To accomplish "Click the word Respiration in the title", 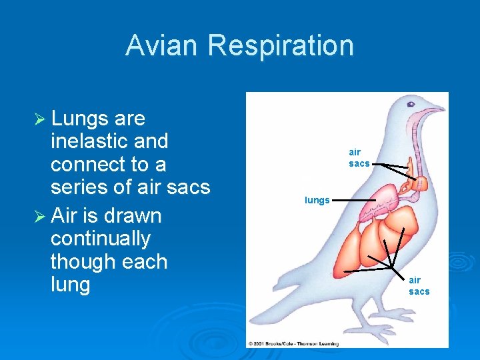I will pyautogui.click(x=281, y=45).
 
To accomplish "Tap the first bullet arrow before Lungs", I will pyautogui.click(x=39, y=119).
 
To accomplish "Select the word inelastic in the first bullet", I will pyautogui.click(x=109, y=141).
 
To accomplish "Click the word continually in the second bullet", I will pyautogui.click(x=101, y=239).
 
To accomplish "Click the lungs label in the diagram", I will pyautogui.click(x=317, y=200).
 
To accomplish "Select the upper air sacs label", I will pyautogui.click(x=359, y=158).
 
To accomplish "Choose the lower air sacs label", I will pyautogui.click(x=419, y=286).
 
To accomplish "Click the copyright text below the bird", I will pyautogui.click(x=293, y=344).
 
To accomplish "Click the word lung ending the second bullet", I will pyautogui.click(x=70, y=285).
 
